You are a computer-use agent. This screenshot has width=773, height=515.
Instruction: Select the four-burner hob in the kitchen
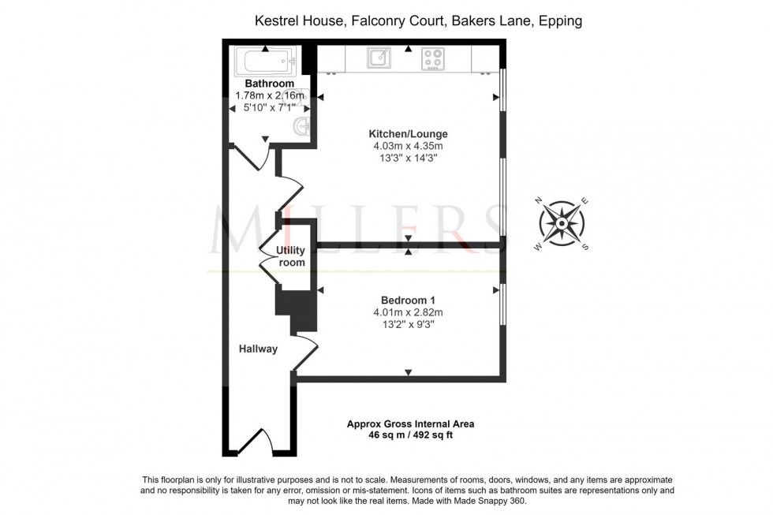coord(432,57)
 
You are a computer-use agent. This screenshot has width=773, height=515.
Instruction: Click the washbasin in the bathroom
coord(301,125)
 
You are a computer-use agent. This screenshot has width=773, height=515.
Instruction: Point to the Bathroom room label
coord(269,84)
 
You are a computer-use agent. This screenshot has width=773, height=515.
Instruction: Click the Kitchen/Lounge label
coord(408,133)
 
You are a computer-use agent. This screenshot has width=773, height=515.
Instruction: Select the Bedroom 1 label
coord(408,300)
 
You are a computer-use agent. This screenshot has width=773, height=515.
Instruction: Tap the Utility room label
coord(290,256)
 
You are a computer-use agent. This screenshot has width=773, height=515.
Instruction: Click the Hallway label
coord(259,348)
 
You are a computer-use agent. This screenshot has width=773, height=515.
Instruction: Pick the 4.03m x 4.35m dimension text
coord(408,146)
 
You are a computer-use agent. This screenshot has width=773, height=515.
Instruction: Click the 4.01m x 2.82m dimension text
coord(408,312)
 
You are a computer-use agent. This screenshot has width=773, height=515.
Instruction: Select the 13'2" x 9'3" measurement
coord(408,324)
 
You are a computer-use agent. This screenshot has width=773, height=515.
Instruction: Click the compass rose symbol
coord(562,223)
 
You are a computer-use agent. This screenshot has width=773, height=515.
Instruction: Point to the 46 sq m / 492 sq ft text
coord(410,435)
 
